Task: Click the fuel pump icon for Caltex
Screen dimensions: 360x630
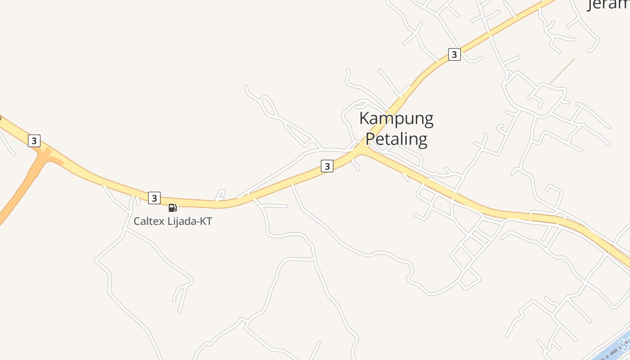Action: tap(172, 208)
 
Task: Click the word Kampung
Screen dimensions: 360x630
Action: tap(396, 119)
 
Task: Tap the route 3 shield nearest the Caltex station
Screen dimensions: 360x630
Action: tap(154, 198)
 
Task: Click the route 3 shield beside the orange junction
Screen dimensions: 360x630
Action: tap(34, 141)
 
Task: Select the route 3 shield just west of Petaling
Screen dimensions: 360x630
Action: tap(327, 166)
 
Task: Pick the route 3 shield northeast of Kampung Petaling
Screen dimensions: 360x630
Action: tap(454, 55)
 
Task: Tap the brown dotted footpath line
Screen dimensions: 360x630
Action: tap(562, 71)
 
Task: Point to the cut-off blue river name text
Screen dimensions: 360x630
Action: tap(624, 345)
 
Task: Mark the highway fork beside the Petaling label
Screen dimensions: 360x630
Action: tap(363, 149)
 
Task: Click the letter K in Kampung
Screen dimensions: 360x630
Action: tap(364, 119)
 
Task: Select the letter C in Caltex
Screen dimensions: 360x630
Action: tap(137, 221)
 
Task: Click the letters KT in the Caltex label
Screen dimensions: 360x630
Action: tap(206, 221)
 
